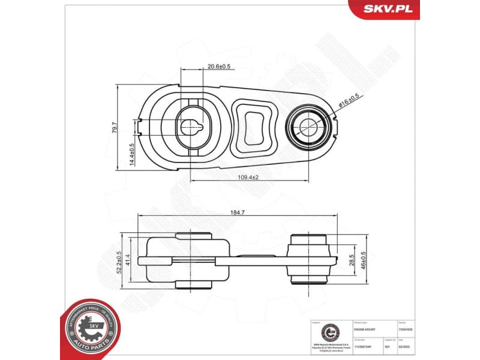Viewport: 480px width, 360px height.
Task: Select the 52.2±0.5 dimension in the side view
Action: [119, 262]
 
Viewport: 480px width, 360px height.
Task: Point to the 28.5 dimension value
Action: [352, 260]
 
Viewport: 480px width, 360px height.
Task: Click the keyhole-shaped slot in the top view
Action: [193, 126]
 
